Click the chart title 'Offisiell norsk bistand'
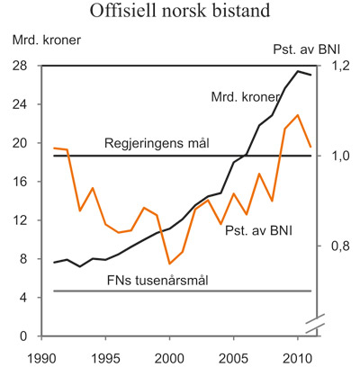click(180, 12)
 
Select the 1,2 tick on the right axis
click(337, 66)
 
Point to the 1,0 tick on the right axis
click(337, 156)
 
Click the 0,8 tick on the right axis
click(337, 246)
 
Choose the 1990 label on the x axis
click(41, 357)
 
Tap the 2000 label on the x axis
click(169, 357)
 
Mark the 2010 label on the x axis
click(298, 357)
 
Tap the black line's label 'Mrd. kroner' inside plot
click(245, 96)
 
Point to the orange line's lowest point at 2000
click(170, 264)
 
